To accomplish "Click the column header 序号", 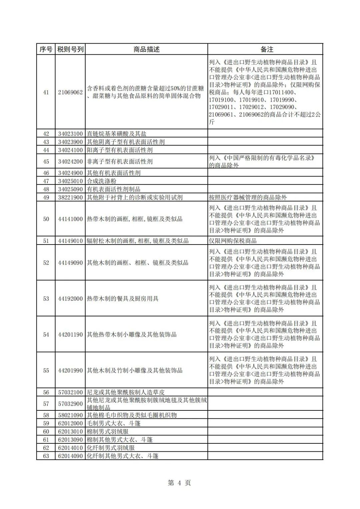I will click(46, 49).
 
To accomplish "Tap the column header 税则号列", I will click(70, 49).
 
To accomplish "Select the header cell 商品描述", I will click(146, 49).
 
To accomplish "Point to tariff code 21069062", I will click(70, 92).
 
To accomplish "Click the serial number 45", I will click(46, 162).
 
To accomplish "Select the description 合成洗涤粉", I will click(102, 181).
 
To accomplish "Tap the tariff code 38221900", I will click(70, 198).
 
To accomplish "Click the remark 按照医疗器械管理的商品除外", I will click(248, 198).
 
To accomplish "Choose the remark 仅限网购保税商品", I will click(233, 241).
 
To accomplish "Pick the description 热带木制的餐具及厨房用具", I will click(123, 299).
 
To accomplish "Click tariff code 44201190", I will click(70, 335).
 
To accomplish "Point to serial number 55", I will click(46, 370).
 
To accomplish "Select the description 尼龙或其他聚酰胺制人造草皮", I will click(126, 392).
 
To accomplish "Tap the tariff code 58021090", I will click(70, 415).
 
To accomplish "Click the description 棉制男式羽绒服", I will click(108, 432).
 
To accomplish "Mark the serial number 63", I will click(46, 456).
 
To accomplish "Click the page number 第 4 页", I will click(179, 483).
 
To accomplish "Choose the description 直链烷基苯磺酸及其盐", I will click(117, 134).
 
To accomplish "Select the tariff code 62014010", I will click(70, 448).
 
